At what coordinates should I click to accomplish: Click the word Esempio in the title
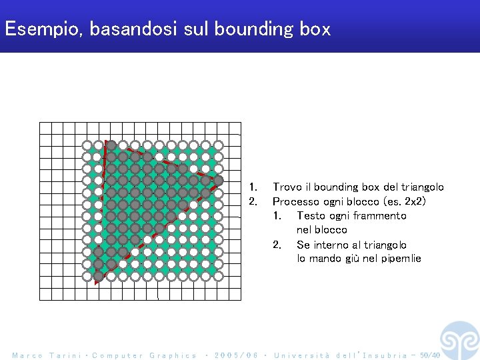click(x=41, y=29)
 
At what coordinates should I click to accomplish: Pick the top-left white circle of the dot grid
click(x=87, y=145)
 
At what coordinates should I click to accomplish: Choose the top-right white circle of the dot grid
click(x=217, y=145)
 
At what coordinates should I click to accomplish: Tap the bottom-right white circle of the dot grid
click(x=217, y=275)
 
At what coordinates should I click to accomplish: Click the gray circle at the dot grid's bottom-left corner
click(x=99, y=275)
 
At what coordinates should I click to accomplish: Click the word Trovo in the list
click(x=287, y=187)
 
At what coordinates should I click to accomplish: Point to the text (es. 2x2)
click(x=401, y=201)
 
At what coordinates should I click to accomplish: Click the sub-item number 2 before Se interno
click(x=277, y=245)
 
